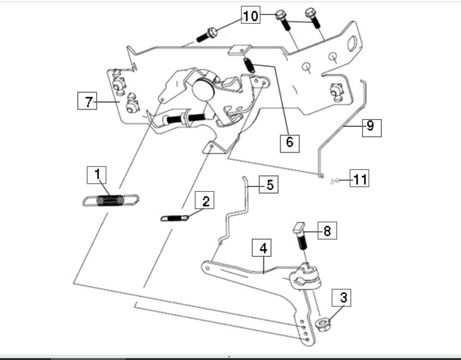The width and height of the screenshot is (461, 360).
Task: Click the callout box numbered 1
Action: (x=97, y=175)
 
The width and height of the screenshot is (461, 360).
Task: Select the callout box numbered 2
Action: (x=205, y=200)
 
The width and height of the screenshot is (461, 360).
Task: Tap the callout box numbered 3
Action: (x=341, y=298)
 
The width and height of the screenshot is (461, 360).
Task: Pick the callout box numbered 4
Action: (x=262, y=247)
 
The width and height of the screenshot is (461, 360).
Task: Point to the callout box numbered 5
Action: (x=269, y=184)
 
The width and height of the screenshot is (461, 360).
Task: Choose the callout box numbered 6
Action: (x=290, y=144)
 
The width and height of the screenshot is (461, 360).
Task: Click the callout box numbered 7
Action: (x=87, y=101)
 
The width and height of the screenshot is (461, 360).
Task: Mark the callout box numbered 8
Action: (x=327, y=231)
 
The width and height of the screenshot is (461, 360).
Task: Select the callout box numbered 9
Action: (x=372, y=128)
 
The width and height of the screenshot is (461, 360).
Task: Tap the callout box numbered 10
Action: (x=251, y=14)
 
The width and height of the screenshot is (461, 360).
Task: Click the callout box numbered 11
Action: (x=359, y=178)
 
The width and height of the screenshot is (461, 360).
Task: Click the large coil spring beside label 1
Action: (x=111, y=200)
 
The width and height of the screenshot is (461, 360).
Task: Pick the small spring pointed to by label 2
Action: (x=174, y=219)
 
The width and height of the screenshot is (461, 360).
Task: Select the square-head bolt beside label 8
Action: (x=300, y=236)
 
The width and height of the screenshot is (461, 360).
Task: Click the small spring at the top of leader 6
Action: (x=249, y=65)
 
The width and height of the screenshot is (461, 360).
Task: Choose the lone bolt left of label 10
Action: (x=207, y=35)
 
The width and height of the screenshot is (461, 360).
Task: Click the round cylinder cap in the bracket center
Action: (x=203, y=89)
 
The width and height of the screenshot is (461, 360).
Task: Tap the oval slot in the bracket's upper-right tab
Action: (x=352, y=43)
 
